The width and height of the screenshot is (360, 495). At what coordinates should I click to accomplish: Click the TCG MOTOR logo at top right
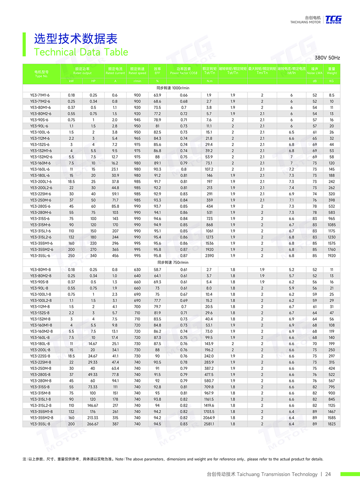[333, 20]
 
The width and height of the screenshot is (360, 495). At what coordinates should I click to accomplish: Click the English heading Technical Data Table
[81, 52]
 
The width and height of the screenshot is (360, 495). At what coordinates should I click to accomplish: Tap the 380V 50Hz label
[327, 58]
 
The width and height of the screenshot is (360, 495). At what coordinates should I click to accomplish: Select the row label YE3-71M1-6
[40, 95]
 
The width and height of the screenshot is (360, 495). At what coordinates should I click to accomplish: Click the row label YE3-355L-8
[40, 424]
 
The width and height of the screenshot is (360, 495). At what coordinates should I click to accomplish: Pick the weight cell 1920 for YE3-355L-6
[332, 256]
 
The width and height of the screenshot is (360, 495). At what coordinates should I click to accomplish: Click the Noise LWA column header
[315, 71]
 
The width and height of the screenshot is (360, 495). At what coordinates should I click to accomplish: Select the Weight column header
[332, 71]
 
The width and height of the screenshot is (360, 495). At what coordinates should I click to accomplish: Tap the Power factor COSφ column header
[184, 71]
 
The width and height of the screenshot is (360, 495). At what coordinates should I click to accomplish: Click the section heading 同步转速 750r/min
[173, 262]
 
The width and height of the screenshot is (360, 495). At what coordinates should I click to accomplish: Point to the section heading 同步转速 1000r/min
[173, 88]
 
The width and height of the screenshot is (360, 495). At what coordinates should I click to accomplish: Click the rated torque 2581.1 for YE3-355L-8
[209, 424]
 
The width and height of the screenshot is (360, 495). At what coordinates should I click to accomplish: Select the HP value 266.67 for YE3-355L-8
[93, 424]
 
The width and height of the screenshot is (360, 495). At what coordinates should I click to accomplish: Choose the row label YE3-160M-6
[40, 163]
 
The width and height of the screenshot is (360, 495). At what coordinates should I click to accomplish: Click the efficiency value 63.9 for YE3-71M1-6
[157, 95]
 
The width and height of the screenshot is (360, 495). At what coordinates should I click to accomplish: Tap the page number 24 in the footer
[328, 474]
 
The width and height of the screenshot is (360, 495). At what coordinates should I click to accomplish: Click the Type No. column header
[41, 74]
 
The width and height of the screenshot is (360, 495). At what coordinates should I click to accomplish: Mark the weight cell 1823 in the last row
[332, 424]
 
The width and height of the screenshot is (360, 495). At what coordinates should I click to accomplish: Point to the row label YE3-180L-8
[40, 344]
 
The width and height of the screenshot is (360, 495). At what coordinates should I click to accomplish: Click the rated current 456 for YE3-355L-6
[115, 256]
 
